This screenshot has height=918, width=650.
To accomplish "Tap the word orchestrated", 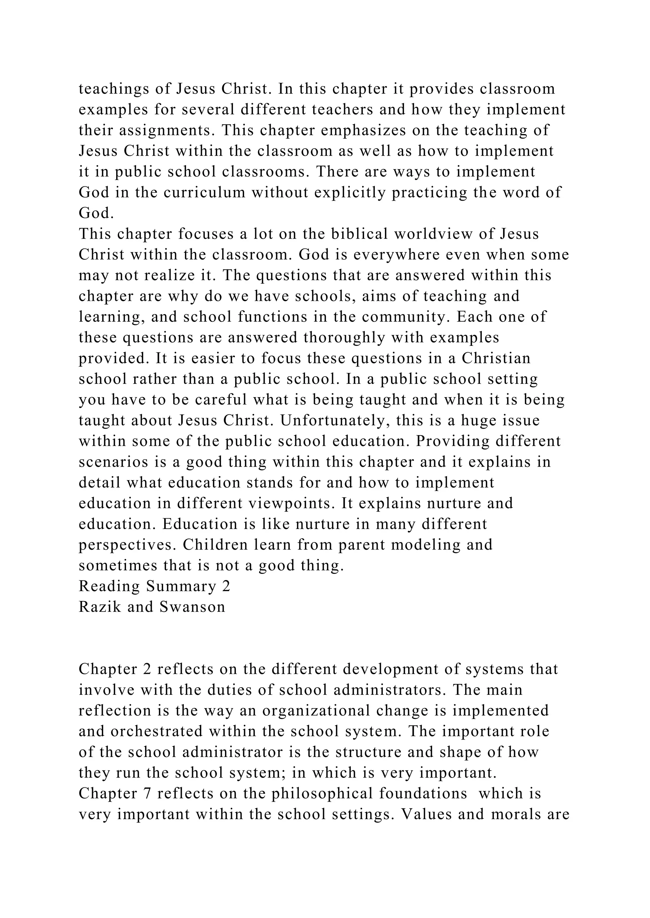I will point(156,731).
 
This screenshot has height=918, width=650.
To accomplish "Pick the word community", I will point(405,317).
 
